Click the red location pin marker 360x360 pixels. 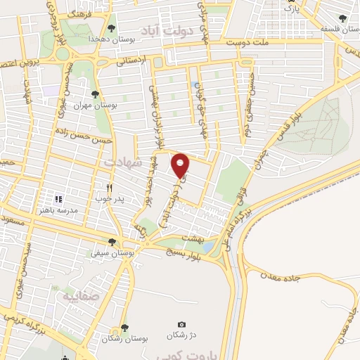click(181, 165)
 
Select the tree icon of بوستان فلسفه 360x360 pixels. click(342, 19)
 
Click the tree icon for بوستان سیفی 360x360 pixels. click(112, 242)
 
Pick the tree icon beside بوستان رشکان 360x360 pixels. click(124, 326)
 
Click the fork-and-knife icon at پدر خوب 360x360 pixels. click(109, 188)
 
